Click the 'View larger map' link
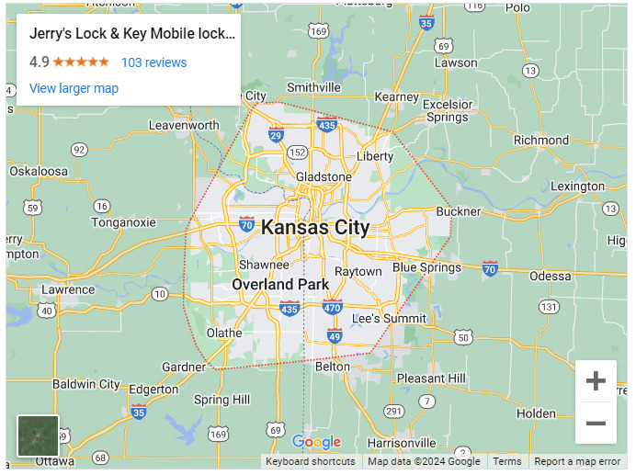coord(74,88)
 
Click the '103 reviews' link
coord(153,62)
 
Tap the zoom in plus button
coord(596,381)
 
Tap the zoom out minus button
coord(596,424)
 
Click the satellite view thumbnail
coord(38,435)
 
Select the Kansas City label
coord(315,228)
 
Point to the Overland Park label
coord(280,284)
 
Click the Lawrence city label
coord(68,289)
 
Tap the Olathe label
coord(224,333)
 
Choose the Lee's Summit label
coord(390,318)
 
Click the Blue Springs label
coord(426,267)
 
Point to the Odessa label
coord(550,276)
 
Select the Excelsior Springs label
coord(448,111)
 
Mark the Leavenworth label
coord(184,125)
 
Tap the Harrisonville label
coord(401,443)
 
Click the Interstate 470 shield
coord(333,306)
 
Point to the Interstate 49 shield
coord(335,337)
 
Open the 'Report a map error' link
coord(577,462)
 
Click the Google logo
coord(316,443)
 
